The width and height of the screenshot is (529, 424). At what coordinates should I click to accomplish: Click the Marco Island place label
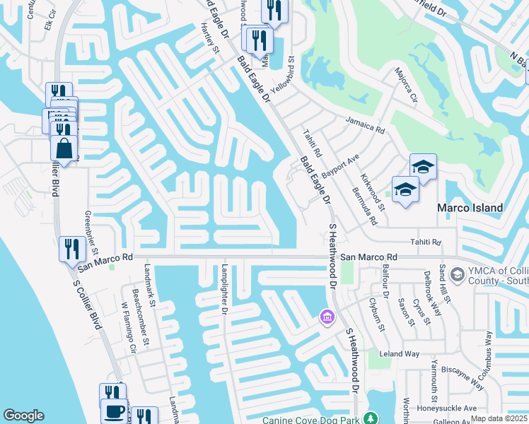pyautogui.click(x=470, y=208)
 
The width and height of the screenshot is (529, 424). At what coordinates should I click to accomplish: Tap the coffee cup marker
pyautogui.click(x=113, y=411)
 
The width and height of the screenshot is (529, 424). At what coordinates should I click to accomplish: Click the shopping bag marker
pyautogui.click(x=64, y=149)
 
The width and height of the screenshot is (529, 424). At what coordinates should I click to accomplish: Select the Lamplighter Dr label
pyautogui.click(x=224, y=290)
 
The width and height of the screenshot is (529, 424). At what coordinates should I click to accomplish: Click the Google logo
pyautogui.click(x=23, y=416)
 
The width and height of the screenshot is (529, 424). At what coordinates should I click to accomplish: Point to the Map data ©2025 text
pyautogui.click(x=499, y=418)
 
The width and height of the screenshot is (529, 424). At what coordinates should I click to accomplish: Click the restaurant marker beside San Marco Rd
pyautogui.click(x=72, y=249)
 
